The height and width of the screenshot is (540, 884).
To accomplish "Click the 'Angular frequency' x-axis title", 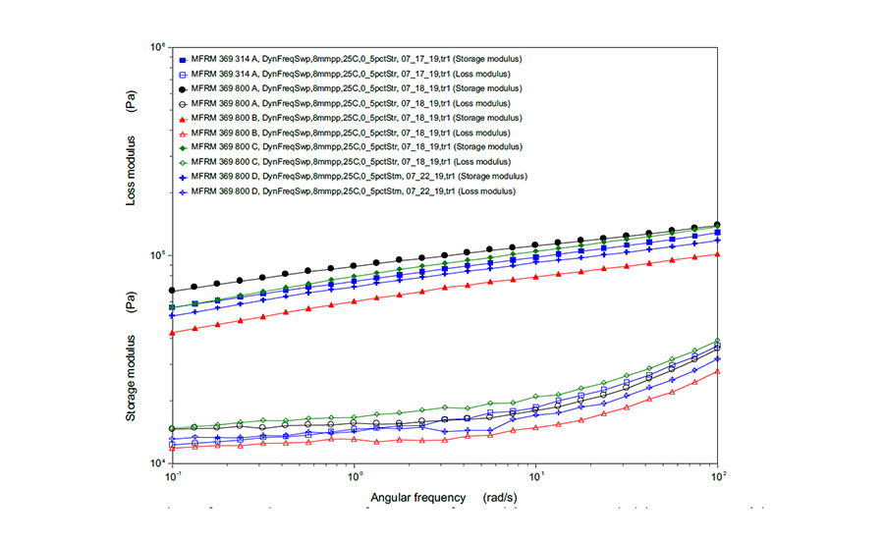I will pyautogui.click(x=417, y=497).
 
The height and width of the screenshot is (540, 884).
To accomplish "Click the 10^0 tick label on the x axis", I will pyautogui.click(x=354, y=477).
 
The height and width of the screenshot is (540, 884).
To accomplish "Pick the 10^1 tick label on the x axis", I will pyautogui.click(x=536, y=477).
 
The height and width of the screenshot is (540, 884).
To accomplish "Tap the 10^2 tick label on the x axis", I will pyautogui.click(x=718, y=477).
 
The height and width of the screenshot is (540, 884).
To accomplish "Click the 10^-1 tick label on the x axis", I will pyautogui.click(x=173, y=477).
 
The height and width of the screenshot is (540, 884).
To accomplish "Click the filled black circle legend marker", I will pyautogui.click(x=183, y=88).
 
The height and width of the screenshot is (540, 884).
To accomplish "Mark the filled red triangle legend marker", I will pyautogui.click(x=183, y=118).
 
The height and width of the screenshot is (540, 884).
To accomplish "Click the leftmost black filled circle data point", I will pyautogui.click(x=172, y=291).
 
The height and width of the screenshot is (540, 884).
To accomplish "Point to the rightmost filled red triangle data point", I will pyautogui.click(x=718, y=254).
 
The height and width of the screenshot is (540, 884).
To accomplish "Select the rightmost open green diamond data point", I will pyautogui.click(x=718, y=341).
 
